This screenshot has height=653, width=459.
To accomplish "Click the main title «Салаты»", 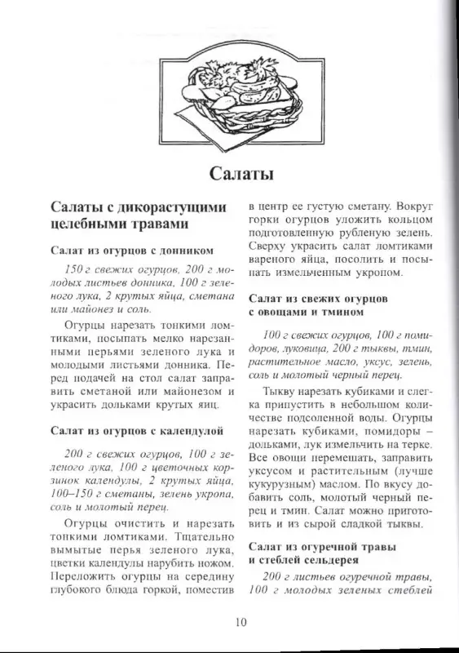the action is pos(229,173).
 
